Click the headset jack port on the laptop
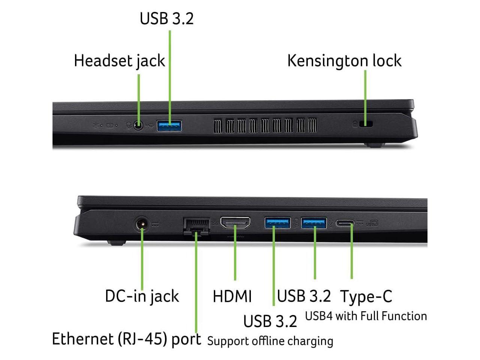click(x=139, y=126)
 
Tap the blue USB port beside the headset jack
click(x=169, y=126)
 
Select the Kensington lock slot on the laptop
click(x=366, y=124)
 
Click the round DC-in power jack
click(x=142, y=225)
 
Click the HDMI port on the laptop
click(x=235, y=223)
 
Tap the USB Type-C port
click(x=345, y=223)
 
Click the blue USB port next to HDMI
click(x=277, y=223)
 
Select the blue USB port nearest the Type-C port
click(x=314, y=223)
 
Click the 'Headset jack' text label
click(x=119, y=61)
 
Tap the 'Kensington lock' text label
click(x=344, y=61)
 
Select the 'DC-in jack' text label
click(x=142, y=296)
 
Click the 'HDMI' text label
click(x=232, y=296)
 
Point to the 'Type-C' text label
click(x=366, y=297)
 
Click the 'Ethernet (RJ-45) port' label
click(x=126, y=339)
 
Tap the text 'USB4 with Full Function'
click(x=366, y=316)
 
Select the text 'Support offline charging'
click(x=270, y=341)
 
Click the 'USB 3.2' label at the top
click(x=166, y=19)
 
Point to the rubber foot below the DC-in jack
click(x=116, y=243)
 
